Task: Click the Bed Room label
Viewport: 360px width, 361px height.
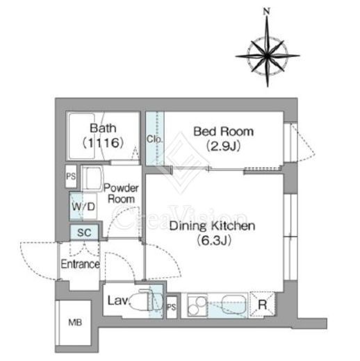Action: coord(223,131)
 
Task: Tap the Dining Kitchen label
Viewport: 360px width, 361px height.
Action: coord(212,226)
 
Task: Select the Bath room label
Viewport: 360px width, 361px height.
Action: coord(103,128)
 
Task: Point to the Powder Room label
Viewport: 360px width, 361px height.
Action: coord(121,194)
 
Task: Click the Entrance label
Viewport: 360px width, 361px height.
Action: coord(80,264)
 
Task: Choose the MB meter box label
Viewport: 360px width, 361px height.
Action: coord(75,322)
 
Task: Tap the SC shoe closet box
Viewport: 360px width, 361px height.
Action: coord(84,233)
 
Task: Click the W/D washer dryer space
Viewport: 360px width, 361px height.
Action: coord(83,206)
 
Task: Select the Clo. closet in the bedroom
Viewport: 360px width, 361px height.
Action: coord(155,138)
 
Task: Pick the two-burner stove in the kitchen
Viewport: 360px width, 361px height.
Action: coord(197,305)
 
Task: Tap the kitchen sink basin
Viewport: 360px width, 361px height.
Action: coord(234,304)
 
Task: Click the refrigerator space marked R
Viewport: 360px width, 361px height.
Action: coord(262,305)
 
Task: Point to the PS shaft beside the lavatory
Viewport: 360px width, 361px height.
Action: coord(172,307)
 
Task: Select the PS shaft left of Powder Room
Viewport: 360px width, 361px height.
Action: coord(71,176)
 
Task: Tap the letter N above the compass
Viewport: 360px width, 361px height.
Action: coord(267,11)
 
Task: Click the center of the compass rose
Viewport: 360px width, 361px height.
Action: coord(268,56)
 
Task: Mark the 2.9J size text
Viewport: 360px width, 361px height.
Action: coord(223,146)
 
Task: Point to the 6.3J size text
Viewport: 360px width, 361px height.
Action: coord(214,240)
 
